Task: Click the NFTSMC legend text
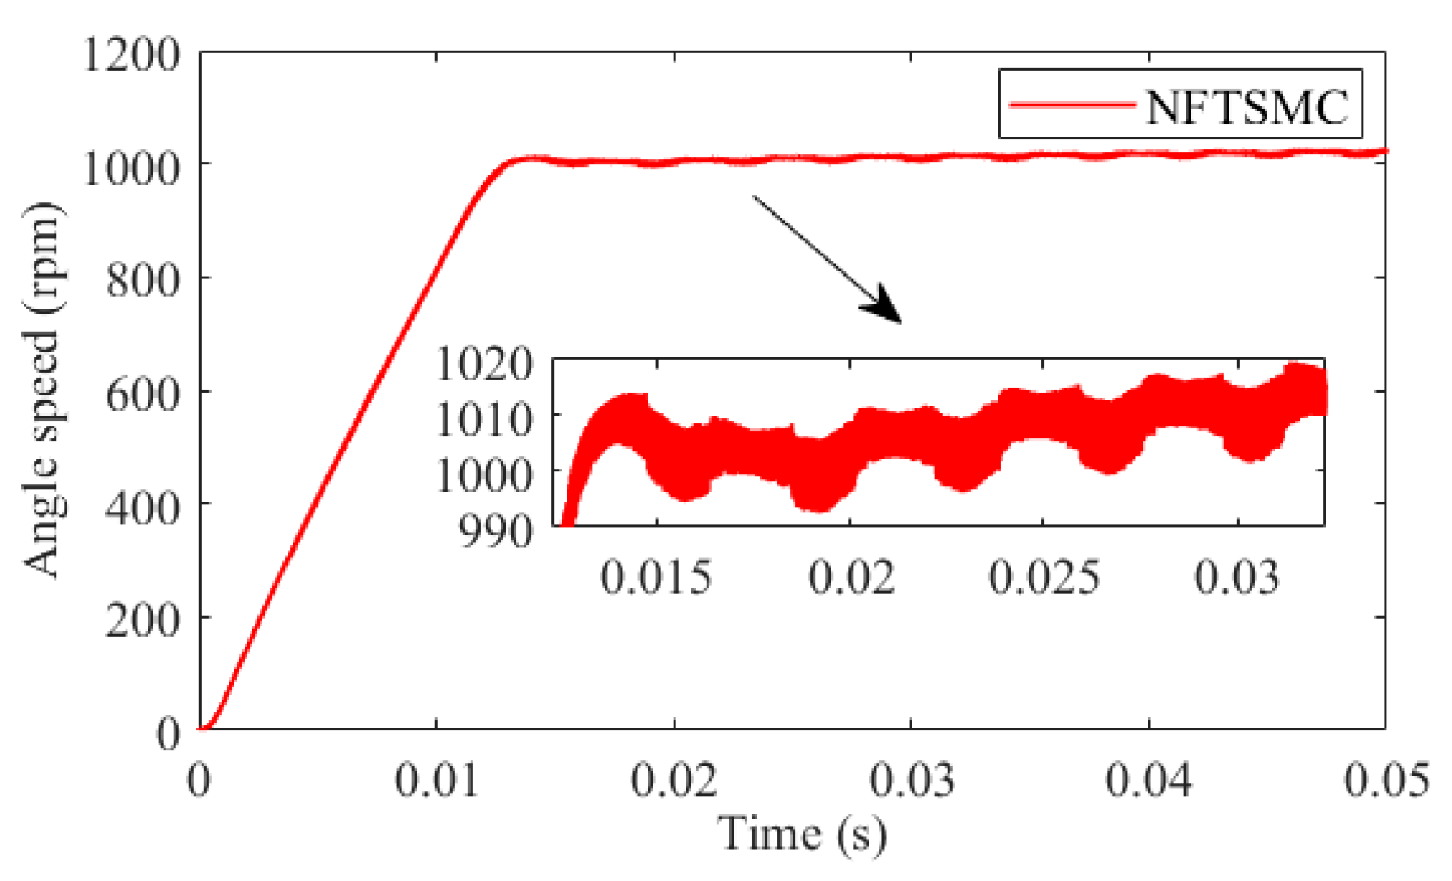(1246, 108)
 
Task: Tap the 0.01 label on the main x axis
(437, 780)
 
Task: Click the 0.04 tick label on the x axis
(1148, 780)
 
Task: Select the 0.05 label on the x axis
(1386, 780)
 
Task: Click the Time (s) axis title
(802, 835)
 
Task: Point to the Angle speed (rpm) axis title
(42, 389)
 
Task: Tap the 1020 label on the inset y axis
(485, 364)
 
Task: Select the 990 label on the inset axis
(497, 531)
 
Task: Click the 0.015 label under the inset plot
(656, 578)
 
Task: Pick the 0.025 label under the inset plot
(1044, 578)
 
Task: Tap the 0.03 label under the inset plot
(1237, 578)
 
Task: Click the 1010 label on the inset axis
(485, 419)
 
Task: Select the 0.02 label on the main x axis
(674, 780)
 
